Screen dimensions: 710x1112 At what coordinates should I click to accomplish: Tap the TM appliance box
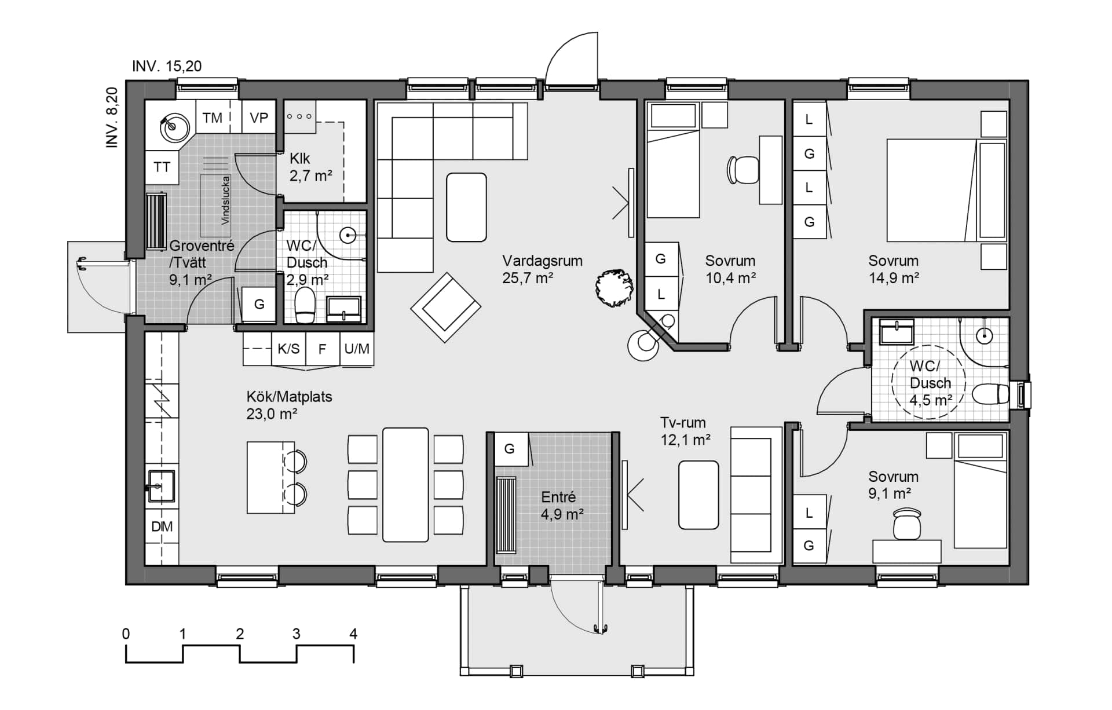coord(213,118)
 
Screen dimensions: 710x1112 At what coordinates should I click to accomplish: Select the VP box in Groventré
coord(259,118)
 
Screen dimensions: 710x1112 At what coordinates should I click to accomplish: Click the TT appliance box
coord(162,167)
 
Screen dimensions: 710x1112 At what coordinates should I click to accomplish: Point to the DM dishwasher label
coord(162,526)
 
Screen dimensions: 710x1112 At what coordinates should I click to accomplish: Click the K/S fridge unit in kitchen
coord(288,349)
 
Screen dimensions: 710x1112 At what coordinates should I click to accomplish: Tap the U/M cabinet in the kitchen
coord(356,349)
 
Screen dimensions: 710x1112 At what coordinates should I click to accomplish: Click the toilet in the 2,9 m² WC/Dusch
coord(305,305)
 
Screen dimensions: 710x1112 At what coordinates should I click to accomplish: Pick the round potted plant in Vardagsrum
coord(613,288)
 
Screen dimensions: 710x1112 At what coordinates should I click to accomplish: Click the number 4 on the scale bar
coord(353,634)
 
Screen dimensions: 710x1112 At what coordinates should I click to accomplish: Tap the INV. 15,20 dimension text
coord(167,66)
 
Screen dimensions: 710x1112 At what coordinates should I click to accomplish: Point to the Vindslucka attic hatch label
coord(225,200)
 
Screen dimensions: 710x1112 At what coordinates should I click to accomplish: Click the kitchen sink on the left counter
coord(160,485)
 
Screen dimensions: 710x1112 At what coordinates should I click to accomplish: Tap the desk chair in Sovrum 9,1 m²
coord(906,524)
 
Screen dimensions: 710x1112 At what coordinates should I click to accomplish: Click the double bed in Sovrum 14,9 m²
coord(932,190)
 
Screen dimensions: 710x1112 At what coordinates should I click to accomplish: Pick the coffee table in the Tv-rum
coord(698,495)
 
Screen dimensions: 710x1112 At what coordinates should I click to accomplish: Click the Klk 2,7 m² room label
coord(310,167)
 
